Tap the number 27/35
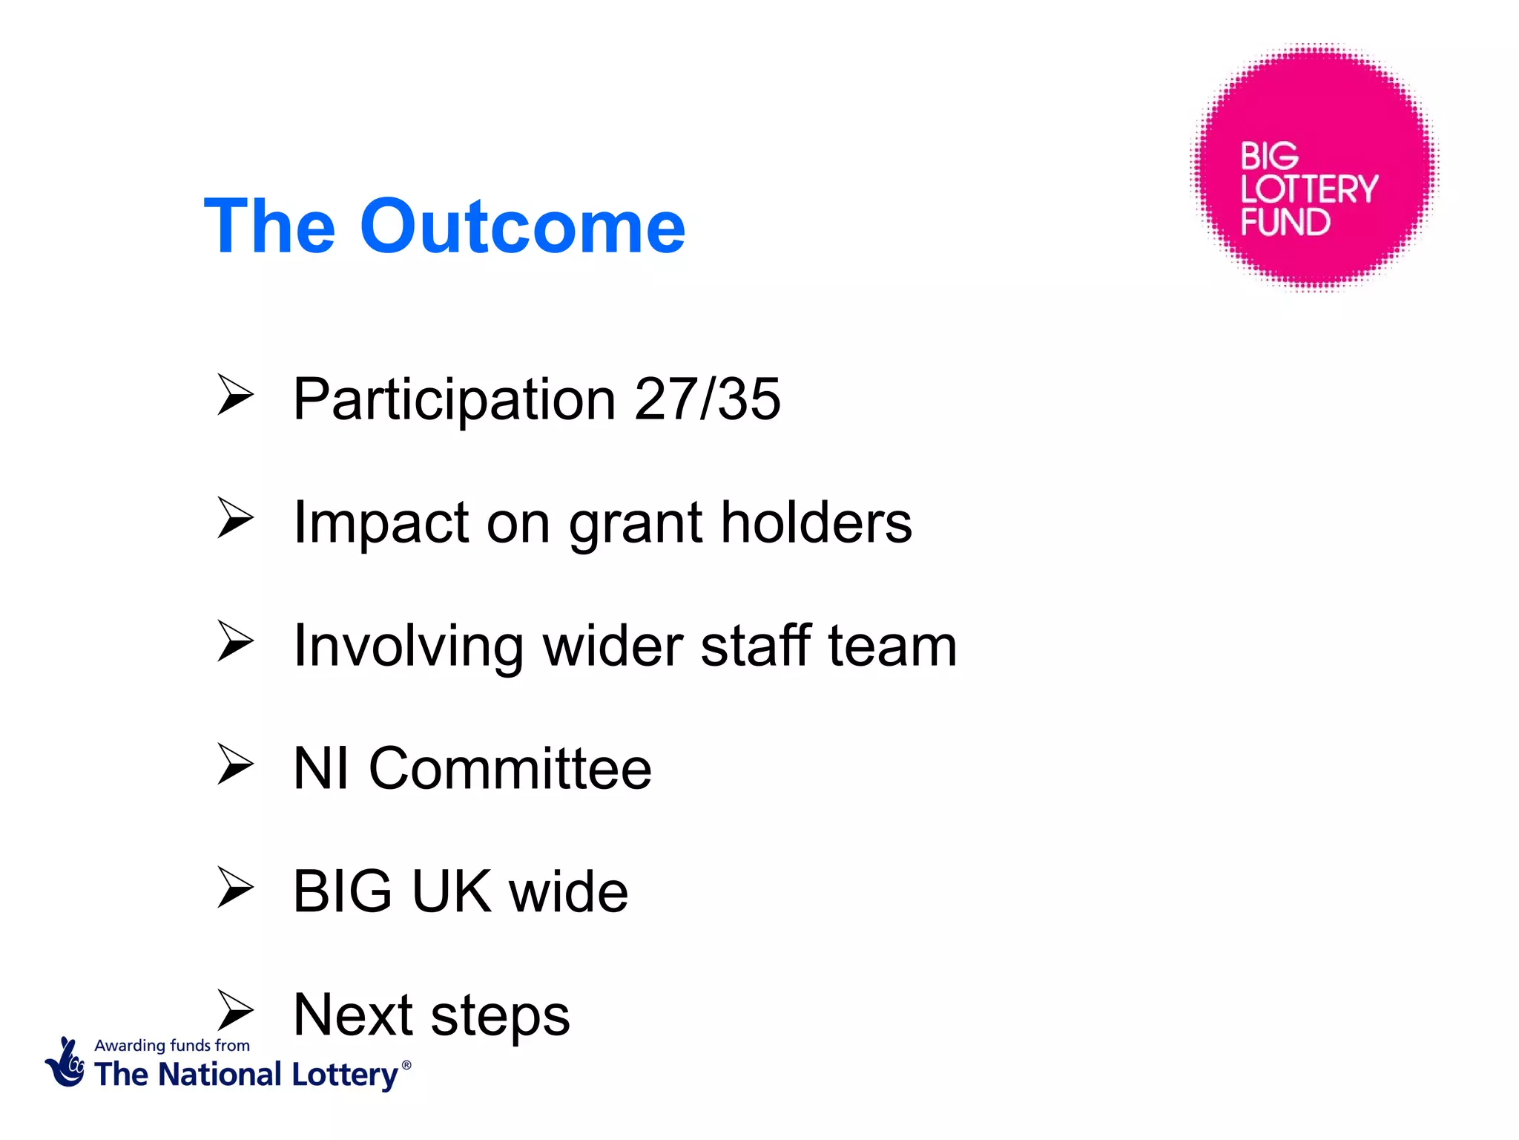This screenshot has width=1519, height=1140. pyautogui.click(x=707, y=399)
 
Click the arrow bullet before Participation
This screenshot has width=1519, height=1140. pyautogui.click(x=235, y=395)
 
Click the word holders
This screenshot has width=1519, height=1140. pyautogui.click(x=816, y=522)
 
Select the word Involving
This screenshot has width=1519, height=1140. pyautogui.click(x=409, y=646)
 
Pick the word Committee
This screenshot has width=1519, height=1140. pyautogui.click(x=510, y=769)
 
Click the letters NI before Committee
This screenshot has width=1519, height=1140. pyautogui.click(x=321, y=769)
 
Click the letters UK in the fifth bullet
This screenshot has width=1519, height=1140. pyautogui.click(x=451, y=891)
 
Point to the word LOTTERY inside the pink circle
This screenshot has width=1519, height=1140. pyautogui.click(x=1309, y=189)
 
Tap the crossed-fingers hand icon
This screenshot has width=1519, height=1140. pyautogui.click(x=66, y=1063)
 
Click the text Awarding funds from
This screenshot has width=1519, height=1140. pyautogui.click(x=172, y=1046)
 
